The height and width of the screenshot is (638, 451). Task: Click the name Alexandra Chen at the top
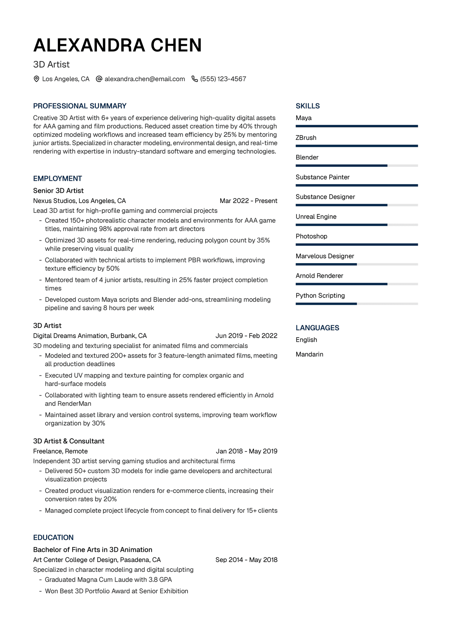point(117,45)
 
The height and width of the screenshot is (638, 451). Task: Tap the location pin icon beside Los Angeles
point(36,79)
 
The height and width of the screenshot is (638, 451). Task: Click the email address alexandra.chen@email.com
point(145,79)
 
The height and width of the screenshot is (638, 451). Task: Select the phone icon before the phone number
point(195,79)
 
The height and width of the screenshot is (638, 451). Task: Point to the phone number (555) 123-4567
point(223,79)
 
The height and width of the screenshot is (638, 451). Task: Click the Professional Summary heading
point(80,106)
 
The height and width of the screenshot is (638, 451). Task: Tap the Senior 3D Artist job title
point(58,191)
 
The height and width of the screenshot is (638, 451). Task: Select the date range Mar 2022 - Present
point(248,201)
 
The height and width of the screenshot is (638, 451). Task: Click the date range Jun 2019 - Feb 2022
point(246,336)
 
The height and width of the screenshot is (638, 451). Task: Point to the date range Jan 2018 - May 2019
point(247,451)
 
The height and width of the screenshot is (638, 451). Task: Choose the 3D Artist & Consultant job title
point(69,441)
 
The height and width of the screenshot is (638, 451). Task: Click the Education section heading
point(53,538)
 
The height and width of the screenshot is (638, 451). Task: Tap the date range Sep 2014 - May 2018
point(246,560)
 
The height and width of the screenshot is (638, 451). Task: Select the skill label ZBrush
point(306,138)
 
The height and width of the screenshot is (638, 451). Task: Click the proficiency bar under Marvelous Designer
point(357,264)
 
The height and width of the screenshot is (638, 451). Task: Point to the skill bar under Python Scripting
point(357,304)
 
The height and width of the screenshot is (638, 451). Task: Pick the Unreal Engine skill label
point(316,217)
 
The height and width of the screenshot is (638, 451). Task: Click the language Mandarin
point(309,354)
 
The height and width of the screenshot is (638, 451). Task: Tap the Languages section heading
point(317,328)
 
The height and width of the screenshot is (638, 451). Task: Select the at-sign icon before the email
point(99,79)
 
